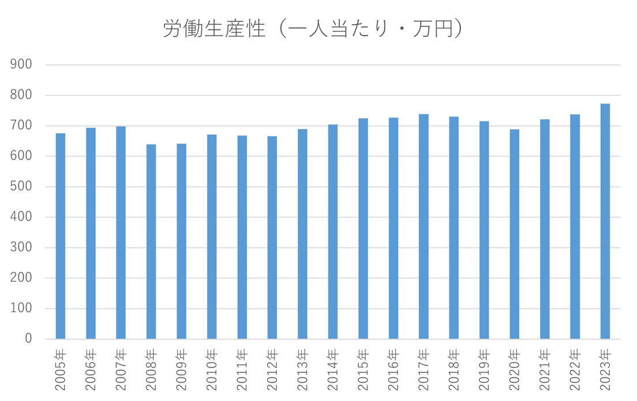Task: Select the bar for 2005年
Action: (x=61, y=236)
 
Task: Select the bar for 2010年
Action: (x=212, y=237)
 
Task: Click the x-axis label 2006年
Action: (x=91, y=369)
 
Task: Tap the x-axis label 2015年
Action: (x=364, y=369)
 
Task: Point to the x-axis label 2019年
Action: (x=485, y=369)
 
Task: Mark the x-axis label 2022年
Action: (x=575, y=369)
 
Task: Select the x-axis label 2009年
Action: (x=182, y=369)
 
